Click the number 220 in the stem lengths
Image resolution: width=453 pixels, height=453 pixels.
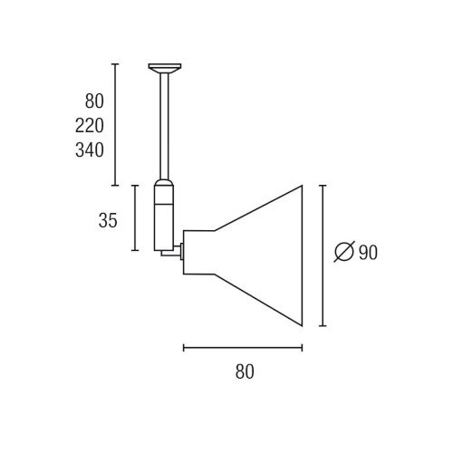[90, 126]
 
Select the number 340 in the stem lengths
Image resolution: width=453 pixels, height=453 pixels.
[90, 150]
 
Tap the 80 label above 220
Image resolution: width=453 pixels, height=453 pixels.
[94, 101]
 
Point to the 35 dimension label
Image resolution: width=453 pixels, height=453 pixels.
[108, 220]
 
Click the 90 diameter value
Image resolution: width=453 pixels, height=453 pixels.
[368, 252]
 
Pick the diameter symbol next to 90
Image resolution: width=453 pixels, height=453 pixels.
[344, 252]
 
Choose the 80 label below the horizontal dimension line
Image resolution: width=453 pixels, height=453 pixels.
[245, 371]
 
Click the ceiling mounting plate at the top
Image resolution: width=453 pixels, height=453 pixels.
[165, 68]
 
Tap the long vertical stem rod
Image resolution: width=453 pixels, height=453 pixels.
[164, 126]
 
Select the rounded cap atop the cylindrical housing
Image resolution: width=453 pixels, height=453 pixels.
[164, 183]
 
